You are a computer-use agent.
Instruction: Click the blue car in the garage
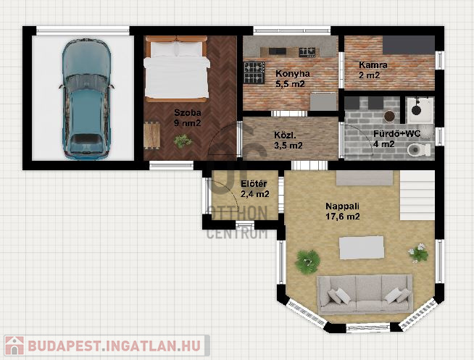[86, 99]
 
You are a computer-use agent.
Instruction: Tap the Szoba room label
[188, 113]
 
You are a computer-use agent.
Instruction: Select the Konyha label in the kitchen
[293, 74]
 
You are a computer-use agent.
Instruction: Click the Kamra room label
[373, 65]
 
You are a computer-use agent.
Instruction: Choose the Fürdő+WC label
[396, 134]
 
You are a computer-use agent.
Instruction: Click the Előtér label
[254, 184]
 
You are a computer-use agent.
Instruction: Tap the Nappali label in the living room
[342, 206]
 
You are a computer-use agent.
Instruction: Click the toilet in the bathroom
[419, 149]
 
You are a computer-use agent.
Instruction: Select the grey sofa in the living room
[365, 294]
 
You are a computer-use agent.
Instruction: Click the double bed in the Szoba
[177, 69]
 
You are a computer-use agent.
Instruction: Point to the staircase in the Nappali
[417, 195]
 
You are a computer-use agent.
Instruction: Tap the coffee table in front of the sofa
[362, 248]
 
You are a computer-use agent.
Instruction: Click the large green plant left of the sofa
[307, 261]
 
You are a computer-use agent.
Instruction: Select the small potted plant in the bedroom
[183, 141]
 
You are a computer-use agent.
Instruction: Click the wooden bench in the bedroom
[151, 135]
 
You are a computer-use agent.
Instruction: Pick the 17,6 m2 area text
[343, 217]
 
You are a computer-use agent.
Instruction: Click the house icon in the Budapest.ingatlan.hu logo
[14, 346]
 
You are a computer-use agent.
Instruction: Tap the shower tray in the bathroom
[420, 110]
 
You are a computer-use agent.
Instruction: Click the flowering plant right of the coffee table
[418, 253]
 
